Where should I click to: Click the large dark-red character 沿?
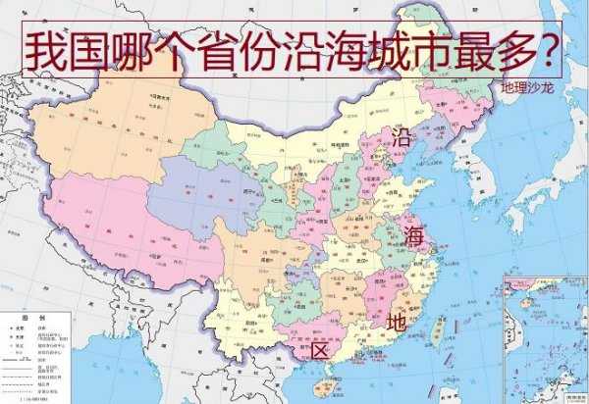(403, 137)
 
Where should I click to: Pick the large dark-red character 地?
(397, 321)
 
